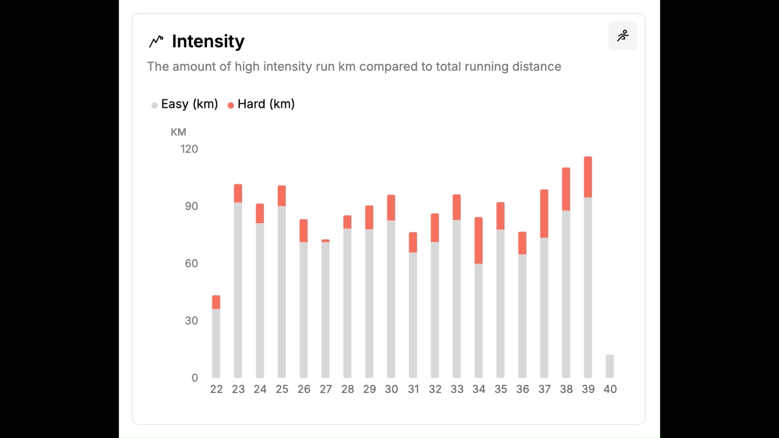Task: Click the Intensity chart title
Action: (x=208, y=42)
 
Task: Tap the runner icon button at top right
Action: (x=622, y=35)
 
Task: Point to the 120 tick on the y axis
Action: (x=189, y=149)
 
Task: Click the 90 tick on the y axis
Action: (x=191, y=206)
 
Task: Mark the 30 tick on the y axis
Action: (x=191, y=321)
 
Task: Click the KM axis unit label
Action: (x=178, y=132)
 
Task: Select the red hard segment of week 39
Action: (x=588, y=177)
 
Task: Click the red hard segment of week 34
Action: (x=478, y=240)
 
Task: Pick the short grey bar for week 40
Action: (x=609, y=366)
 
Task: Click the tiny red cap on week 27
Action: (x=325, y=241)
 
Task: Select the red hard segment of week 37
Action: (x=544, y=214)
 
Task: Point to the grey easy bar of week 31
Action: (x=413, y=315)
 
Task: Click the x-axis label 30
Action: (x=391, y=390)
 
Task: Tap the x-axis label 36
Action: (x=522, y=390)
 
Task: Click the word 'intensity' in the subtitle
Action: (x=287, y=67)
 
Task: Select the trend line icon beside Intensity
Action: (x=156, y=41)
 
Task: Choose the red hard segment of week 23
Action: (x=238, y=193)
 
